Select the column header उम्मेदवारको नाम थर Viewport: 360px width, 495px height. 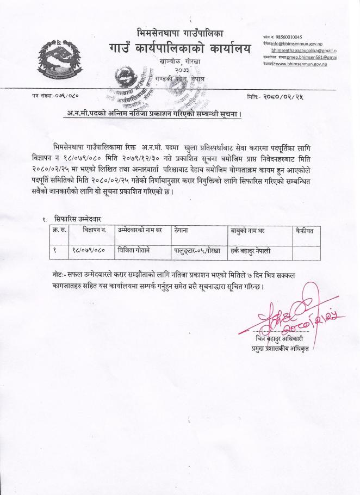pyautogui.click(x=141, y=231)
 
